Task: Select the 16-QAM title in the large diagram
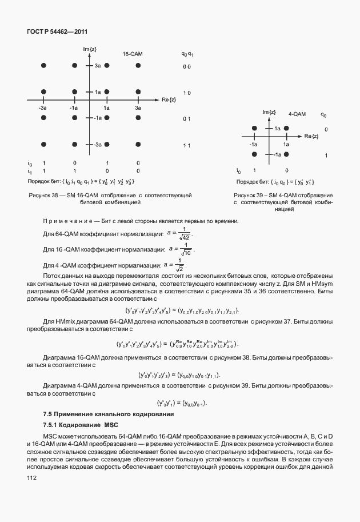pos(132,54)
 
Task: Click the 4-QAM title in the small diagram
pos(297,114)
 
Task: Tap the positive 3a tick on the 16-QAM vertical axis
pos(98,67)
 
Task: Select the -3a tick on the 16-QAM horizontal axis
pos(43,107)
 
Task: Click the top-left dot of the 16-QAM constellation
pos(43,66)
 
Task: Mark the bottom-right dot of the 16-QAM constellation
pos(138,145)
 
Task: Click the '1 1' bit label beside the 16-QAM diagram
pos(186,145)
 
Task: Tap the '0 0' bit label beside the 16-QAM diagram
pos(186,67)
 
